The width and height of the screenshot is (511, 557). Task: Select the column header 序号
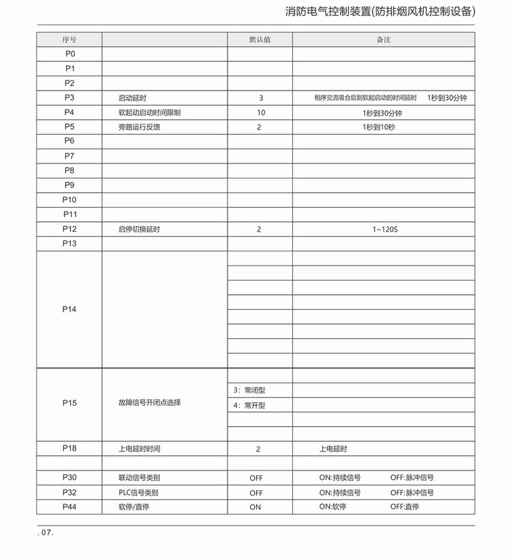69,39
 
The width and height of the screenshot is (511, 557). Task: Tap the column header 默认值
260,39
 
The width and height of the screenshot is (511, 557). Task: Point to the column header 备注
384,39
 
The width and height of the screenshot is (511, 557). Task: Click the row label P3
69,97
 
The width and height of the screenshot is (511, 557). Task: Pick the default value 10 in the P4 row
260,112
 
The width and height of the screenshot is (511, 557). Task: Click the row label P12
69,229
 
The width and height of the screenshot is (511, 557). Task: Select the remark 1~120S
384,229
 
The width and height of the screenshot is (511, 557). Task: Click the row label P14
69,309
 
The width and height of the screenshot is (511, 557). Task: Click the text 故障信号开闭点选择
149,402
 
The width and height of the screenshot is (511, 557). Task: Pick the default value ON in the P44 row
255,507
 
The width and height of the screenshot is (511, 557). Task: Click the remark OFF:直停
405,507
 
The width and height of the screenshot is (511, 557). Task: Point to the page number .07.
46,533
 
